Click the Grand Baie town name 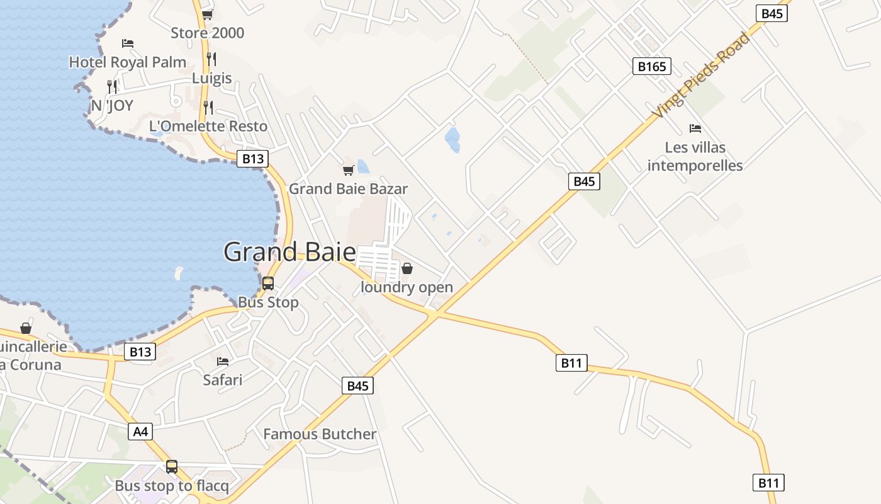[x=289, y=252]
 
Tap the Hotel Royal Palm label [x=128, y=62]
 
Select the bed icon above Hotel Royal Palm [x=128, y=43]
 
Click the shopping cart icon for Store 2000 [x=207, y=14]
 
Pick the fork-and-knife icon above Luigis [x=211, y=59]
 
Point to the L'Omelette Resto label [x=208, y=126]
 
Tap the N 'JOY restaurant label [x=112, y=105]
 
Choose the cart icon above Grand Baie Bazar [x=348, y=170]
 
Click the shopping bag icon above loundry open [x=407, y=269]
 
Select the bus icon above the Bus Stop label [x=268, y=283]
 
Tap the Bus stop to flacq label [x=172, y=486]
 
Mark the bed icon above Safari [x=223, y=362]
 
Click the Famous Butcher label [x=320, y=434]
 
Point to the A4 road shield [x=140, y=432]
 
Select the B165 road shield [x=652, y=66]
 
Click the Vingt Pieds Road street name [x=702, y=76]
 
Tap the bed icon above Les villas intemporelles [x=695, y=129]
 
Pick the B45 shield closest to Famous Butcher [x=357, y=386]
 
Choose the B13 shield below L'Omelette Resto [x=253, y=159]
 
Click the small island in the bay [x=178, y=273]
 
